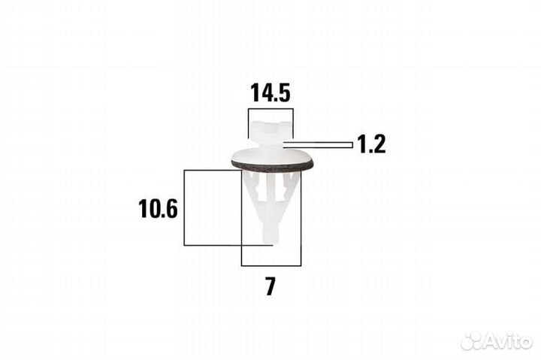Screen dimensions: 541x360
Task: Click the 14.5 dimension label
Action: pos(270,92)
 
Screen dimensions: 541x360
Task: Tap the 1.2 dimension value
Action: pos(371,144)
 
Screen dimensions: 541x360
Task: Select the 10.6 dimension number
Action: pos(158,209)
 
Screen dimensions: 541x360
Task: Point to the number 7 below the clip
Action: pos(270,286)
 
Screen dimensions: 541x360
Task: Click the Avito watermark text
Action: pos(508,341)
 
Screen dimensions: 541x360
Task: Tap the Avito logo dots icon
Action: pos(472,341)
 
